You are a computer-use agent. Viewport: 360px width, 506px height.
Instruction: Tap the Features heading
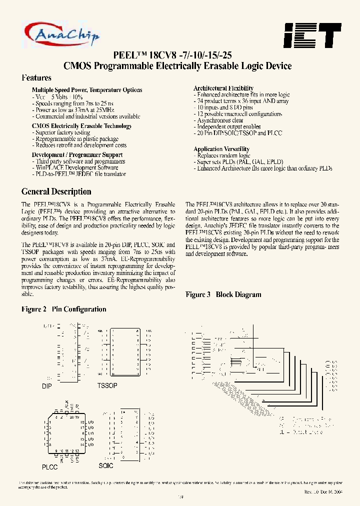click(36, 78)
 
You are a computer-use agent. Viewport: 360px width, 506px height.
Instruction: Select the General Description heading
click(56, 191)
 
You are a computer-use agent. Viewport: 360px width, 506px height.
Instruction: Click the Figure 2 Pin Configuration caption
click(64, 309)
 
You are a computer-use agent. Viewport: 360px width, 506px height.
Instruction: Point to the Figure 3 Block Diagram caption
click(223, 294)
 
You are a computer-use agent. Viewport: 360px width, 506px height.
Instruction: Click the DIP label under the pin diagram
click(46, 386)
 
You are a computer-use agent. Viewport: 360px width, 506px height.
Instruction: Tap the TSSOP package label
click(107, 386)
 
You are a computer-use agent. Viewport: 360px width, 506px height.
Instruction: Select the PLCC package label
click(49, 467)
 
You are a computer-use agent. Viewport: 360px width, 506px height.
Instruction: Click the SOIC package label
click(106, 465)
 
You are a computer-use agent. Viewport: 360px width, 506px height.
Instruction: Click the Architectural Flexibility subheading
click(223, 88)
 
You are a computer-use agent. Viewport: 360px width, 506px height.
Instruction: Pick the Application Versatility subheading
click(221, 149)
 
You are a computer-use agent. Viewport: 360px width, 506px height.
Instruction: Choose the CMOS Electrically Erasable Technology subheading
click(81, 126)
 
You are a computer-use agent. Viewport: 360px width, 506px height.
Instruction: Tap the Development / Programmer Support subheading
click(77, 155)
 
